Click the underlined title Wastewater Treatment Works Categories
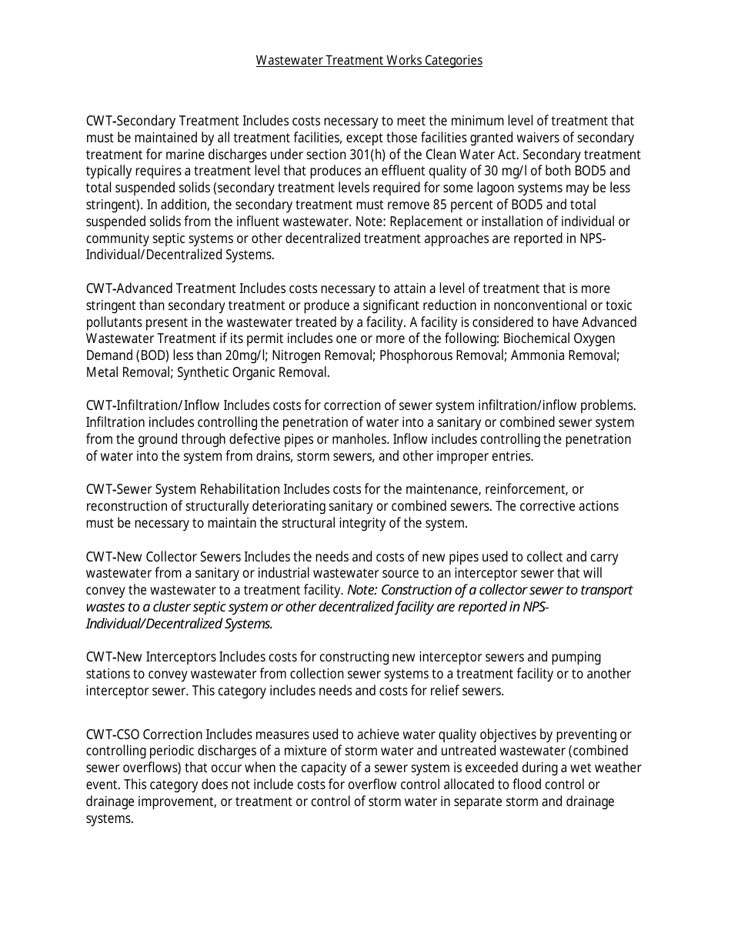[369, 60]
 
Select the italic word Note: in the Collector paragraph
[362, 590]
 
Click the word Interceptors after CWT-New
[179, 657]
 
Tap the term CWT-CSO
[112, 734]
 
